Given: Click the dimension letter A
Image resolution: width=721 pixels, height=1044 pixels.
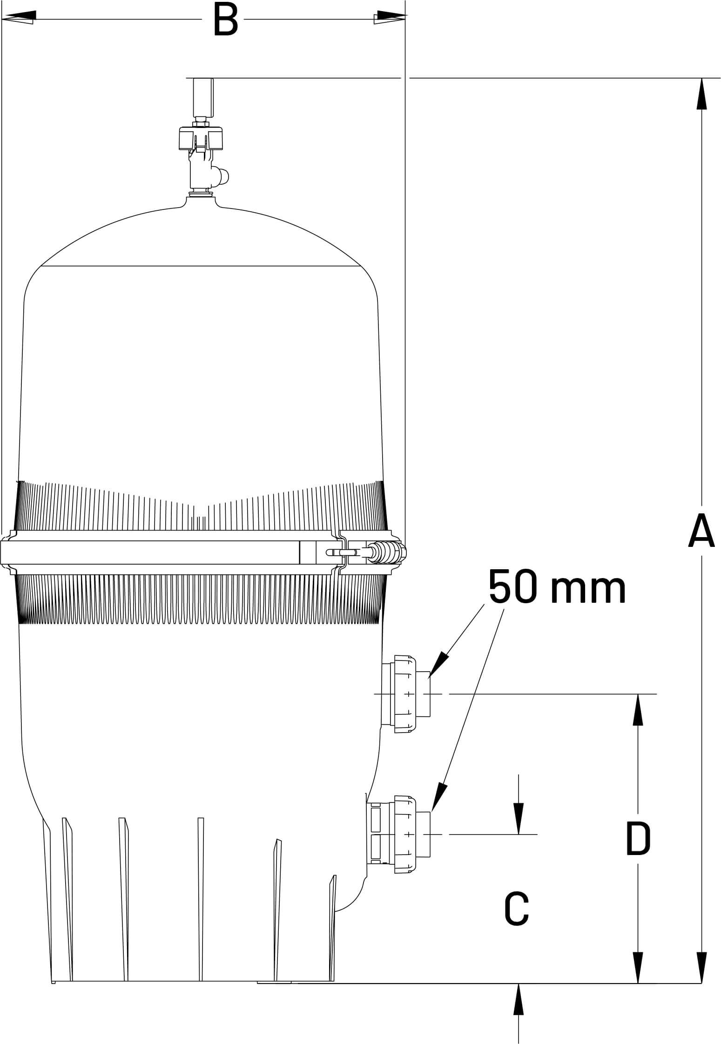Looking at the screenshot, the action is point(701,531).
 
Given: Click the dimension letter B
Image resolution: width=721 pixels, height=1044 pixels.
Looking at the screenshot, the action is point(225,20).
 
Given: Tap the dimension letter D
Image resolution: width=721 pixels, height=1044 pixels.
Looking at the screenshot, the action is point(638,839).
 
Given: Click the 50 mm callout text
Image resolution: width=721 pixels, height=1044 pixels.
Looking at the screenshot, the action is point(557,588).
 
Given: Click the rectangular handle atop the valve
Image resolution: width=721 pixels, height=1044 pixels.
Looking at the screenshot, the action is point(203,97).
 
